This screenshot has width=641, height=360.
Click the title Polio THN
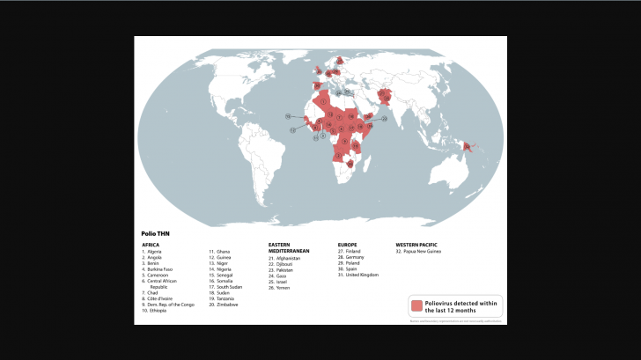point(155,233)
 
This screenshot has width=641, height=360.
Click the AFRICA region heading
point(151,244)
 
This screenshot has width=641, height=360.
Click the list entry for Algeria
point(155,252)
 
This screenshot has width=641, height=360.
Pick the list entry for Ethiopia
point(157,310)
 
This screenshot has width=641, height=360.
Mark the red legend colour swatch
point(416,305)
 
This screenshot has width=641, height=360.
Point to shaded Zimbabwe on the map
point(350,163)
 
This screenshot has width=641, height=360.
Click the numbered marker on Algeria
point(324,102)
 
